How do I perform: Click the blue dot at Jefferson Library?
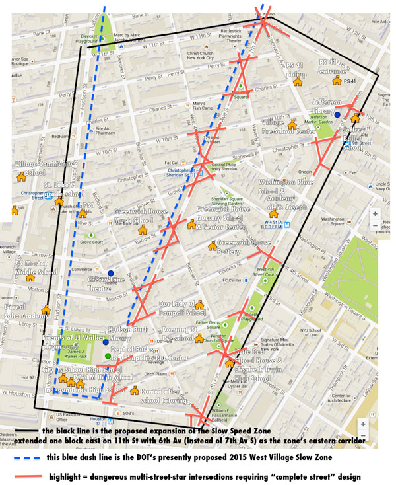click(x=337, y=114)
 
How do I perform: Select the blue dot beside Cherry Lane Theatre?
click(x=111, y=273)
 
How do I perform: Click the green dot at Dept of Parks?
click(x=108, y=357)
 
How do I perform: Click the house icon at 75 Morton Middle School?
click(x=30, y=278)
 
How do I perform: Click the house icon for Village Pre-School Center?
click(x=291, y=124)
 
